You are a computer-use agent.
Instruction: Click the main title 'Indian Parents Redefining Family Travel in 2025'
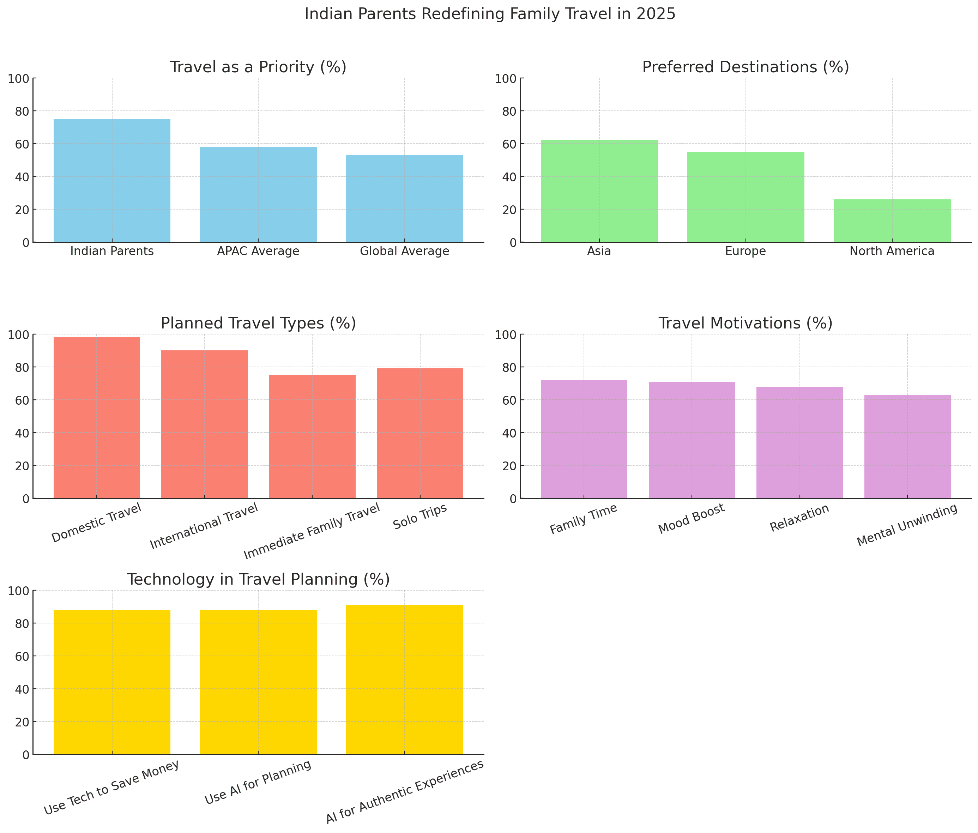point(489,14)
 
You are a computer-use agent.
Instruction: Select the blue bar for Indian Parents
point(112,180)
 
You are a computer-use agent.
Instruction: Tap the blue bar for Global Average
point(405,198)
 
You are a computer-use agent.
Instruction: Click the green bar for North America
point(892,221)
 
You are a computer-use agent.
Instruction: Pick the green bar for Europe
point(745,197)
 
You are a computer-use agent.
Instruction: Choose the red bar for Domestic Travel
point(96,418)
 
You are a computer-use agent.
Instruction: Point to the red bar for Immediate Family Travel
point(312,436)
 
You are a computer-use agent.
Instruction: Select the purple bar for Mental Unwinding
point(907,446)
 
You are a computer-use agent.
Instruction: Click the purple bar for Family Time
point(584,439)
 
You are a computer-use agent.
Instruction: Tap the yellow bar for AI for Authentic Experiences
point(405,680)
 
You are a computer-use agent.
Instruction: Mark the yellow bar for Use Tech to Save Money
point(112,682)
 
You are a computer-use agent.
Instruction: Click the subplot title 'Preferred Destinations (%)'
point(745,67)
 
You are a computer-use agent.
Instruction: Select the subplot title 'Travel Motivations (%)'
point(745,323)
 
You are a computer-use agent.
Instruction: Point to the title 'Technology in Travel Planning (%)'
point(258,580)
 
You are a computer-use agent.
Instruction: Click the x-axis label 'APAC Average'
point(258,251)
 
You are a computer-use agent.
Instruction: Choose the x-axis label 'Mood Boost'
point(691,519)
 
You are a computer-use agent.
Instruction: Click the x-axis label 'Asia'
point(599,251)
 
